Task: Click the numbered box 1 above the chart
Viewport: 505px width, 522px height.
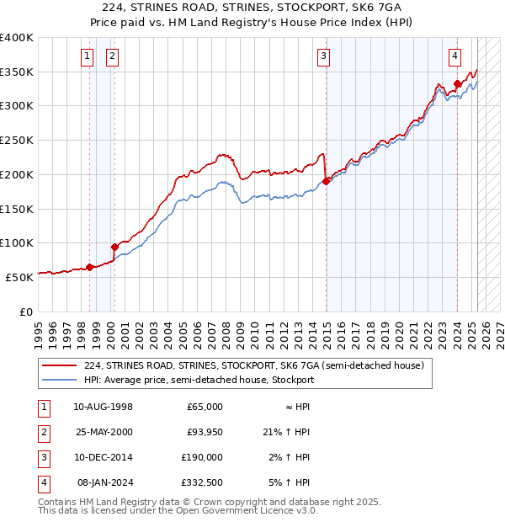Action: tap(88, 56)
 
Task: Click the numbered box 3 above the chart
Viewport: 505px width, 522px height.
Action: tap(323, 56)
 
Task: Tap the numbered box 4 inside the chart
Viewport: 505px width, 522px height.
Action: tap(454, 56)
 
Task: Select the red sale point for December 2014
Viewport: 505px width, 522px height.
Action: tap(326, 180)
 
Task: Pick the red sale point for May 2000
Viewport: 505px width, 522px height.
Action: tap(114, 247)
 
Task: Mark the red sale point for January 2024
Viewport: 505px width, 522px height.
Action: tap(457, 83)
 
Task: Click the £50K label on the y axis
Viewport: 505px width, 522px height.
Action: tap(19, 276)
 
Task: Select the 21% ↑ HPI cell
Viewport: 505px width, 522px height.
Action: tap(286, 432)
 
